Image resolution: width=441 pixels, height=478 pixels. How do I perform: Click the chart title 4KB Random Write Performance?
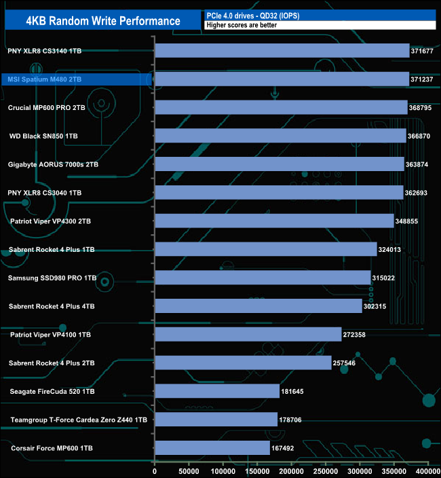103,21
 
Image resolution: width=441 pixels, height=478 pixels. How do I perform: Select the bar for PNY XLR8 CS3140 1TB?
282,51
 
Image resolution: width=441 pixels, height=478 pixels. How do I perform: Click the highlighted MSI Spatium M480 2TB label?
44,79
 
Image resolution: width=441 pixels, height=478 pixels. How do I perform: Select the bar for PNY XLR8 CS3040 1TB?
280,193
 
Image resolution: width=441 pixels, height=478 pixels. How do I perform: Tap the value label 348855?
408,221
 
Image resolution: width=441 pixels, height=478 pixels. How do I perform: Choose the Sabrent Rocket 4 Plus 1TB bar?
266,249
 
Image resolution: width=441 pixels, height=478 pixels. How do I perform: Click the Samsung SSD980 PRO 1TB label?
52,278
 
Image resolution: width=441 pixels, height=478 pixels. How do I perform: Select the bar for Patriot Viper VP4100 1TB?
248,335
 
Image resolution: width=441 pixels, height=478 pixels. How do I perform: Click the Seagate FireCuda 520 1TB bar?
217,391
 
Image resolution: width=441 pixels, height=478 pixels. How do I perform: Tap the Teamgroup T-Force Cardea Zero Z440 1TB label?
79,420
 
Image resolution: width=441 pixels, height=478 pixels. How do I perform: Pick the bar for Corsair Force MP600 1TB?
212,448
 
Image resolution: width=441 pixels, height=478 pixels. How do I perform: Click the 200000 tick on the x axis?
292,471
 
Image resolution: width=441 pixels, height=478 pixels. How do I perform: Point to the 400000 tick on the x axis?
427,471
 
